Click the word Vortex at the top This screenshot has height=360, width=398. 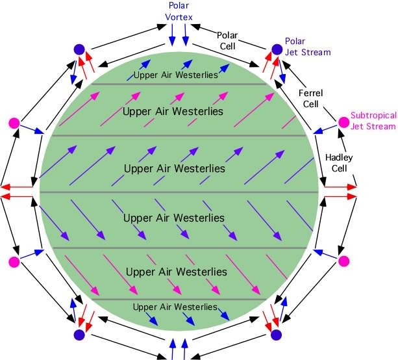pyautogui.click(x=179, y=17)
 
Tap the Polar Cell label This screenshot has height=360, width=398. pyautogui.click(x=227, y=41)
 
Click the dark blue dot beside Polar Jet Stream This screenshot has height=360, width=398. pyautogui.click(x=277, y=49)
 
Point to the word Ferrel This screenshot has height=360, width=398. pyautogui.click(x=311, y=93)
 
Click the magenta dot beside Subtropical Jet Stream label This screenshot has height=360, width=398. pyautogui.click(x=343, y=122)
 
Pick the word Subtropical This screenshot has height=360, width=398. pyautogui.click(x=373, y=116)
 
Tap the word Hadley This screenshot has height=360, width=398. pyautogui.click(x=339, y=158)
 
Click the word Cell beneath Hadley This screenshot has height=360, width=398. pyautogui.click(x=339, y=168)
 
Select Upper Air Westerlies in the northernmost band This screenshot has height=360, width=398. pyautogui.click(x=176, y=75)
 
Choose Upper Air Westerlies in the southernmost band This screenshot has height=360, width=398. pyautogui.click(x=175, y=307)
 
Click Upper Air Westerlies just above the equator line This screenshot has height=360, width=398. pyautogui.click(x=175, y=168)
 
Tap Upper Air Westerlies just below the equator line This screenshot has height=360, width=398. pyautogui.click(x=174, y=218)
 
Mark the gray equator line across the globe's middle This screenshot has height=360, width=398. pyautogui.click(x=179, y=192)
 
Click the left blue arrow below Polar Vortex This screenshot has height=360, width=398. pyautogui.click(x=172, y=35)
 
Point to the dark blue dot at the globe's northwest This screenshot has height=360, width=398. pyautogui.click(x=79, y=49)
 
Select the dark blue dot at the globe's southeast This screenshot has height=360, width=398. pyautogui.click(x=277, y=335)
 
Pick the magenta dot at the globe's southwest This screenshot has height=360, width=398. pyautogui.click(x=14, y=262)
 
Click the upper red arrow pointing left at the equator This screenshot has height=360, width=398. pyautogui.click(x=17, y=188)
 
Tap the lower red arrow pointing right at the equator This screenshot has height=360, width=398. pyautogui.click(x=341, y=196)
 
